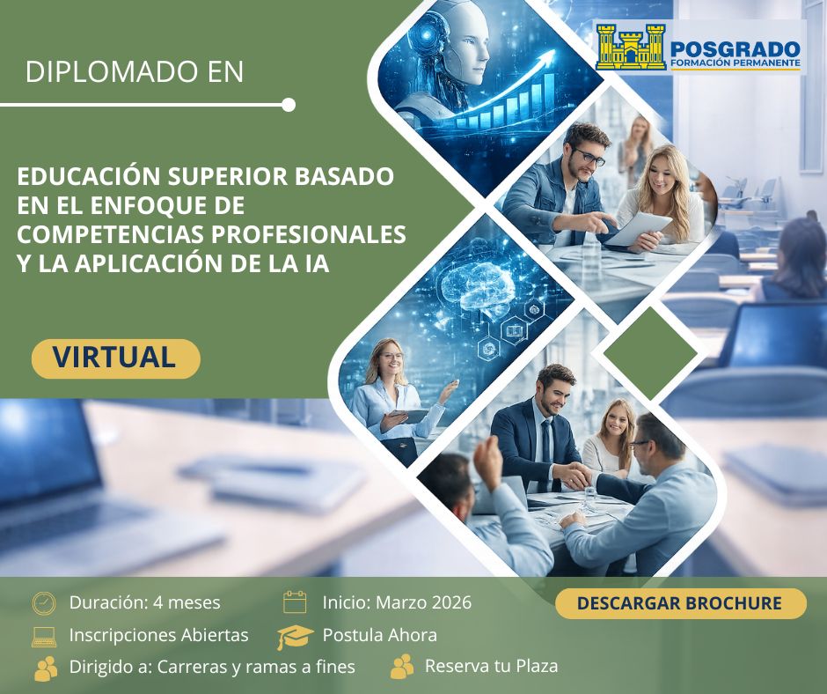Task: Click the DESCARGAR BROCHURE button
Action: click(x=680, y=603)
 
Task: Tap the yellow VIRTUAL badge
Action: click(x=115, y=358)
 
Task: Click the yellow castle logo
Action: click(x=630, y=48)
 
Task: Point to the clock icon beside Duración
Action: click(x=44, y=603)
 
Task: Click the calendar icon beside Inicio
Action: click(x=295, y=602)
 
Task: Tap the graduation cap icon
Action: click(x=295, y=637)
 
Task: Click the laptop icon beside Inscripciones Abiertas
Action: click(x=44, y=637)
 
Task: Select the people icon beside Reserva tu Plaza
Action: click(x=402, y=666)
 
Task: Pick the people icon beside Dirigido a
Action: click(x=46, y=668)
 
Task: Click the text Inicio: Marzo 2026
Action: click(x=397, y=602)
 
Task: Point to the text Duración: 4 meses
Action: click(x=145, y=602)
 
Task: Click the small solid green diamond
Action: click(x=650, y=353)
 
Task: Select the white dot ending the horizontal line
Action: click(x=289, y=105)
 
